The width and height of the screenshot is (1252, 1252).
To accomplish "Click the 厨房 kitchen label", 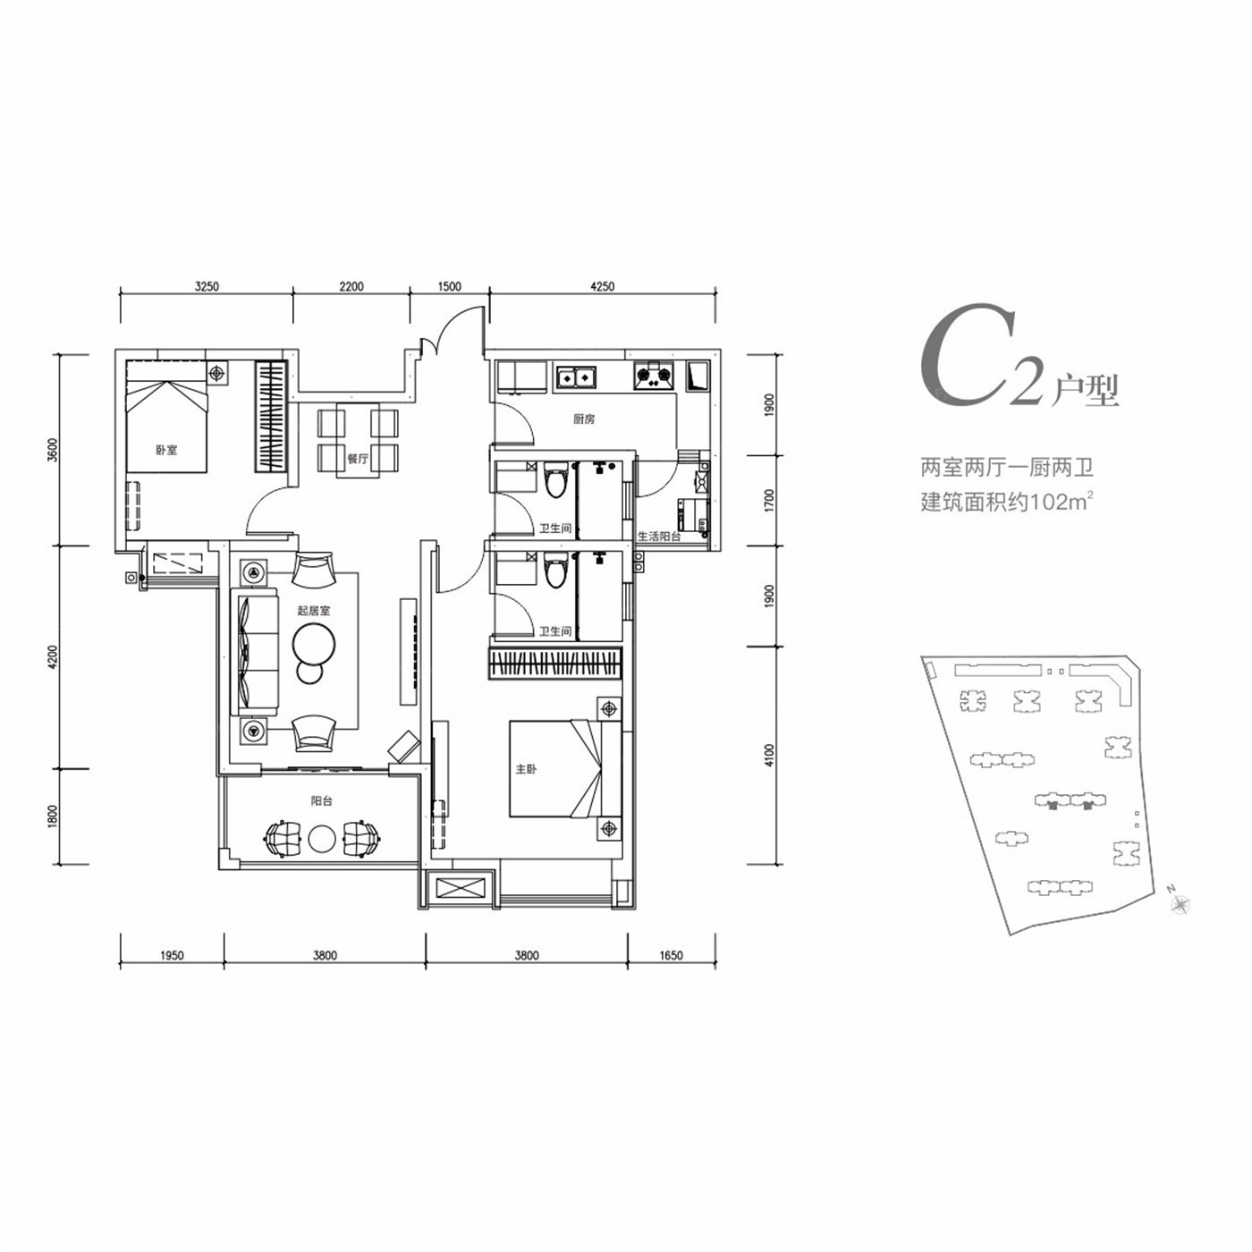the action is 583,419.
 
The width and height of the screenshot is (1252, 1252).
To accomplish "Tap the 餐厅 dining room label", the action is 358,458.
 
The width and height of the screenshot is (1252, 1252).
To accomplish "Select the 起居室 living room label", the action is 314,611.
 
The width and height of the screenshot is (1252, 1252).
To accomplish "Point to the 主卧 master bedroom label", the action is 526,769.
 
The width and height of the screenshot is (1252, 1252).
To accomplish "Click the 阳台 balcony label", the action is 322,801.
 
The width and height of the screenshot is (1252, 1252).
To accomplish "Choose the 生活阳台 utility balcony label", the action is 659,537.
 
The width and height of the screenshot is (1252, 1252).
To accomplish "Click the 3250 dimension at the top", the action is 207,286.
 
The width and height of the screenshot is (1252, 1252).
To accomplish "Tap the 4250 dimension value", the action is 602,286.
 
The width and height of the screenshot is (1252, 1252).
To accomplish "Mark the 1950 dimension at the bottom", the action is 172,955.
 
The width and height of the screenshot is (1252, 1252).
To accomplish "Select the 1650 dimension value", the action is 671,955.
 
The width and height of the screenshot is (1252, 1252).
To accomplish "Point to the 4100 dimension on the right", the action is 770,757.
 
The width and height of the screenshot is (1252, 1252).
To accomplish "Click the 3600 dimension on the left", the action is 54,450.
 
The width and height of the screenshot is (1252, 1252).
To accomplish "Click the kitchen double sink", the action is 576,376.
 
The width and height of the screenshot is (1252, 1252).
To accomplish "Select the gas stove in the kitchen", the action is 655,376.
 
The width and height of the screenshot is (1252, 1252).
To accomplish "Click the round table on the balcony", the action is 322,840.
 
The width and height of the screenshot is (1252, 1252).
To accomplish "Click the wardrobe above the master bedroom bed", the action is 554,664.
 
